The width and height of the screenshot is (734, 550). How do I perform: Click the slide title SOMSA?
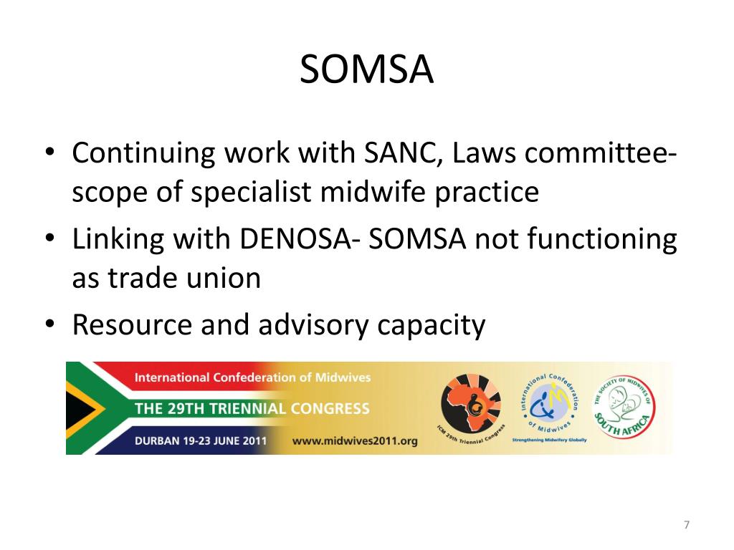[x=366, y=70]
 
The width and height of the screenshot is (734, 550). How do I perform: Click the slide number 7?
[x=686, y=526]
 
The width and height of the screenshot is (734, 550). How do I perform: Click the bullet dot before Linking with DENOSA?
[x=50, y=239]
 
